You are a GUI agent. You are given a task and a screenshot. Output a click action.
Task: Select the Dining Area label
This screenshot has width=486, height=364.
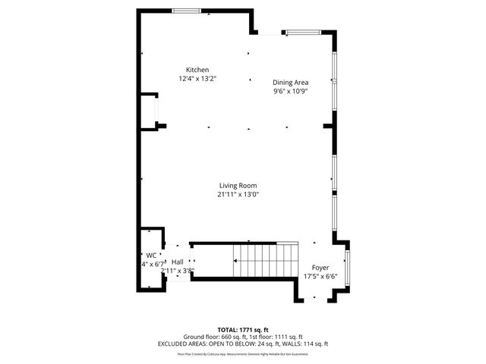(290, 83)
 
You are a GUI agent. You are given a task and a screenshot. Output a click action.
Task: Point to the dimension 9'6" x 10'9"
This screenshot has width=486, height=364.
(290, 91)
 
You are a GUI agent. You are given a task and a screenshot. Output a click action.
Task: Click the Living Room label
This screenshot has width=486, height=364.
(238, 186)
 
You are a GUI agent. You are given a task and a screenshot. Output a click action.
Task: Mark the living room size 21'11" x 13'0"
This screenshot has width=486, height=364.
(238, 194)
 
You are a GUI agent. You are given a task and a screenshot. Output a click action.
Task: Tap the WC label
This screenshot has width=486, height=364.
(151, 256)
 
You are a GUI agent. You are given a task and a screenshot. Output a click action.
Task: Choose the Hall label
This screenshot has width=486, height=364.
(178, 262)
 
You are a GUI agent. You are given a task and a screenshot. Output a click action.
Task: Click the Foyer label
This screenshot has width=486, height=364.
(320, 268)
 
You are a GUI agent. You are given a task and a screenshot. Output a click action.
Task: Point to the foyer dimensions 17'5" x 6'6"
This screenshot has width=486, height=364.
(320, 277)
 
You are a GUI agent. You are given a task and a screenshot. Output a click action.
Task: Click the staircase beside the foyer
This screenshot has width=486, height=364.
(266, 262)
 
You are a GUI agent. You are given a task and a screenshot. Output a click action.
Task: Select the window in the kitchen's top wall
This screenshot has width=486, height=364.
(187, 11)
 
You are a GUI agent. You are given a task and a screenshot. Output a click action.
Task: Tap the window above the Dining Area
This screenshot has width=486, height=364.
(303, 32)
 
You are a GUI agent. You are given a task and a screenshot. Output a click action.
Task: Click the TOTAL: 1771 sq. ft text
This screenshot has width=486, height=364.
(242, 330)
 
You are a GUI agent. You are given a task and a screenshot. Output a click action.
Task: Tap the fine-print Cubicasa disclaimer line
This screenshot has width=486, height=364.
(242, 353)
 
